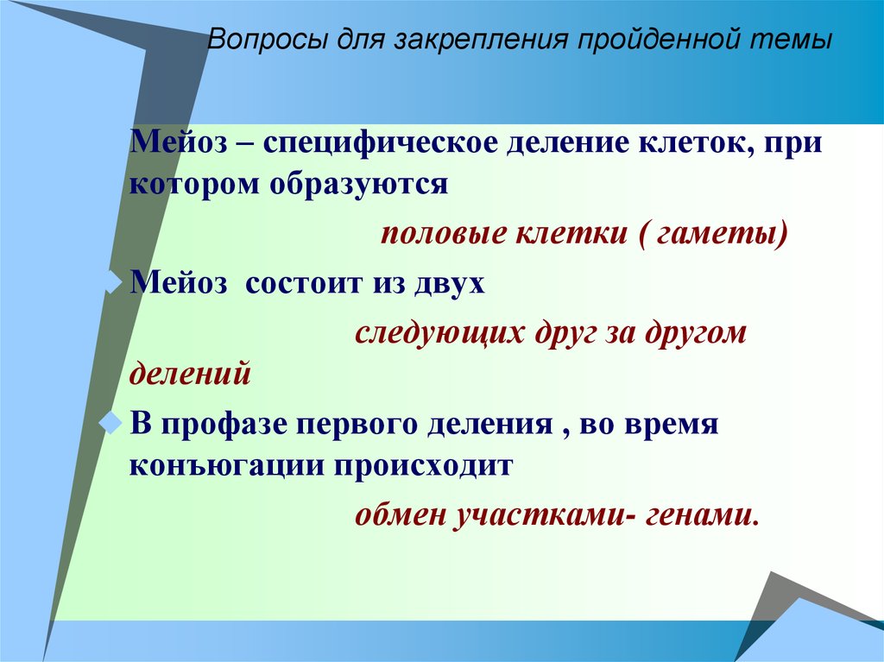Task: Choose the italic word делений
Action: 190,375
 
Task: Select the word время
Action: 678,424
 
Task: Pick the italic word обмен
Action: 397,515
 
